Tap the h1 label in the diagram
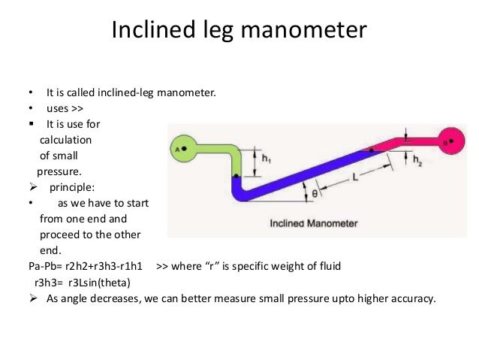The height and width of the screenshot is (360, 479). click(x=268, y=159)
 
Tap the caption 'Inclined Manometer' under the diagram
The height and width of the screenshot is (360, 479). click(x=313, y=223)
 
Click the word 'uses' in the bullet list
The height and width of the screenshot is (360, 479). click(x=58, y=108)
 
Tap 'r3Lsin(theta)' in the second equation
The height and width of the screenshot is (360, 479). click(x=98, y=282)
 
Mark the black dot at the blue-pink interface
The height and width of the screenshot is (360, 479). click(x=366, y=150)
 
